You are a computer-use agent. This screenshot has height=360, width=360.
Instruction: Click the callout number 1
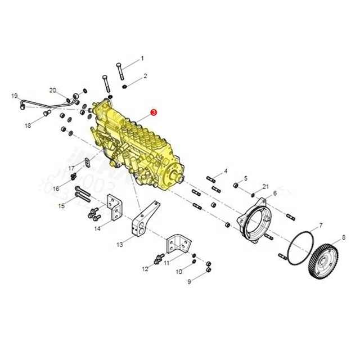coord(142,58)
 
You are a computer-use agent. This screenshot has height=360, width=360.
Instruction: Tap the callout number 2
coord(146,75)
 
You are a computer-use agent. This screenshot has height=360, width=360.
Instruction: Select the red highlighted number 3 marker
coord(154,112)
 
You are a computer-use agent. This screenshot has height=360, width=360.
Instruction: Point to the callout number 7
coord(321,225)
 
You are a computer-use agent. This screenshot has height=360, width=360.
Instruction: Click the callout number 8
coord(344,237)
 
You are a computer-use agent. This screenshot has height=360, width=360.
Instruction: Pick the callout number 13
coord(119,245)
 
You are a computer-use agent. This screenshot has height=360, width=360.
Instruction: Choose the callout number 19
coord(15,96)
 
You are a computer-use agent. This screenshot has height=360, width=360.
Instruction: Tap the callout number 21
coord(265,186)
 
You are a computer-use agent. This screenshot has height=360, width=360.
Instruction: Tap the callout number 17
coord(71,168)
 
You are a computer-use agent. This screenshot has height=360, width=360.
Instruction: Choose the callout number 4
coord(226,170)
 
